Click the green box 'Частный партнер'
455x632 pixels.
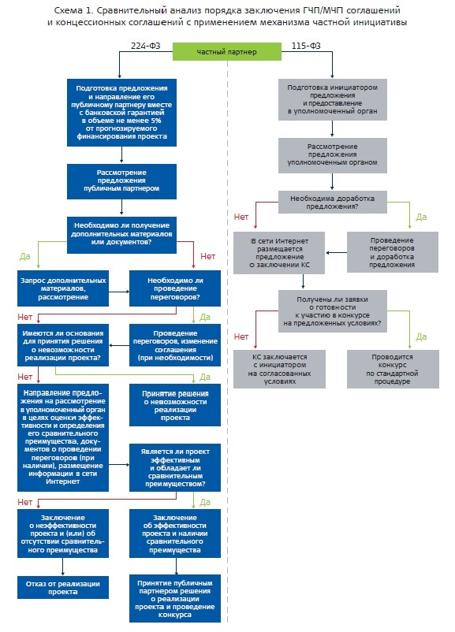coord(226,51)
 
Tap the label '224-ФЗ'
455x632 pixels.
coord(145,46)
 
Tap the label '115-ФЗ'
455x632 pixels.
coord(306,46)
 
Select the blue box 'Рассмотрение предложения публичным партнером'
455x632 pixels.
coord(121,181)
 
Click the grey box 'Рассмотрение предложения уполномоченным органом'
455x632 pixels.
coord(332,155)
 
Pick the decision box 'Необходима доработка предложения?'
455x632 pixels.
coord(332,203)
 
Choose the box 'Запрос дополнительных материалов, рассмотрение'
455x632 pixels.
coord(63,288)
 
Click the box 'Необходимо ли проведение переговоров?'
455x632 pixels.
coord(174,288)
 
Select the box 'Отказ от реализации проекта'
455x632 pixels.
coord(63,588)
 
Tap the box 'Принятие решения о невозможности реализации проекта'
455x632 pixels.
coord(174,406)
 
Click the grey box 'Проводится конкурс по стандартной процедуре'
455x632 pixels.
coord(393,370)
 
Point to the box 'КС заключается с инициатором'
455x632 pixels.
coord(279,370)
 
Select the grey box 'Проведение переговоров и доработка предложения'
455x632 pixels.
coord(392,253)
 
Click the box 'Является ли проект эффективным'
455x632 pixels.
coord(174,467)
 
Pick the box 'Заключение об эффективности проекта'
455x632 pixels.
coord(174,533)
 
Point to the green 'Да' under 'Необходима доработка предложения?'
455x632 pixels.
coord(421,217)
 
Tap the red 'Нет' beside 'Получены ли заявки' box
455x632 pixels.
coord(241,336)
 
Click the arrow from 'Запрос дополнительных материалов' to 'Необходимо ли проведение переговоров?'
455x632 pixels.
coord(119,292)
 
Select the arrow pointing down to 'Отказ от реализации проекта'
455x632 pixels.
coord(63,567)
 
